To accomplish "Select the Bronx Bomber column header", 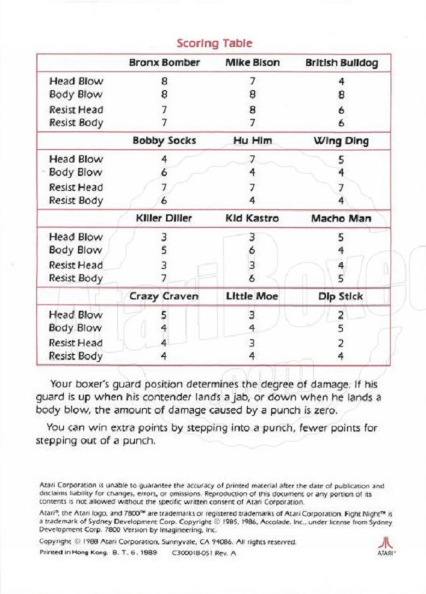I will pos(164,63).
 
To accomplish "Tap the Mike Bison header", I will pos(252,63).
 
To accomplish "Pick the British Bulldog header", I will pos(342,63).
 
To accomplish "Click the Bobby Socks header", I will pos(164,141).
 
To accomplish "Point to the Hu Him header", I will pos(252,141).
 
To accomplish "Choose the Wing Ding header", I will pos(342,141).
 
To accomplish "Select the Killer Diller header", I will pos(164,219).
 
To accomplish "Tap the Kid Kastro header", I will pos(252,219).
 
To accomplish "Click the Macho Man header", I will pos(342,219).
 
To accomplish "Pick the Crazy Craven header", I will pos(164,296).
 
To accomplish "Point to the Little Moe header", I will pos(252,296).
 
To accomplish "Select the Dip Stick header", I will pos(342,296).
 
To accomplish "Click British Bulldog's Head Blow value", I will pos(342,81).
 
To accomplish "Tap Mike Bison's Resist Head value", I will pos(252,109).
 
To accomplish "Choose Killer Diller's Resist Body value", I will pos(164,278).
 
